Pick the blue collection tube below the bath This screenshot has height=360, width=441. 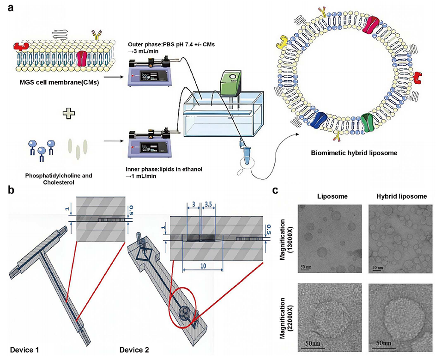click(242, 150)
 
